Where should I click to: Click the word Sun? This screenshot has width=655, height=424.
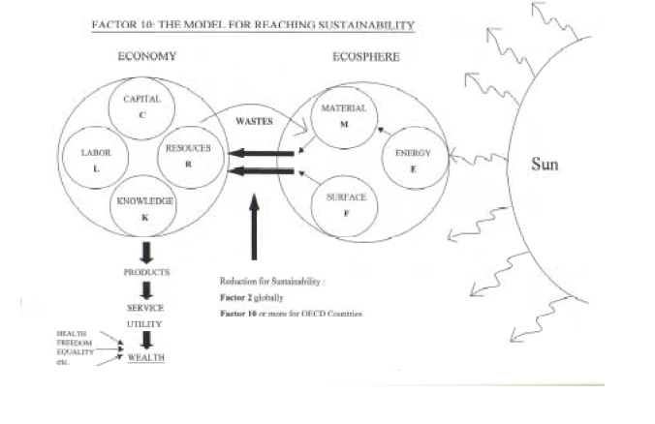[x=545, y=165]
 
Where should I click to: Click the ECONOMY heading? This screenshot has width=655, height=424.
[x=147, y=56]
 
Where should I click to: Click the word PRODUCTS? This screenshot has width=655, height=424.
[x=147, y=272]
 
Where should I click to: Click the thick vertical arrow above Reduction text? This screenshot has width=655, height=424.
[x=253, y=227]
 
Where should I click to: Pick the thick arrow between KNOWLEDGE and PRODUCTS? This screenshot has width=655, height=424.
[x=146, y=253]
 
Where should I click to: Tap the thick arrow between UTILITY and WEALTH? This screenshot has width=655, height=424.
[x=146, y=340]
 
